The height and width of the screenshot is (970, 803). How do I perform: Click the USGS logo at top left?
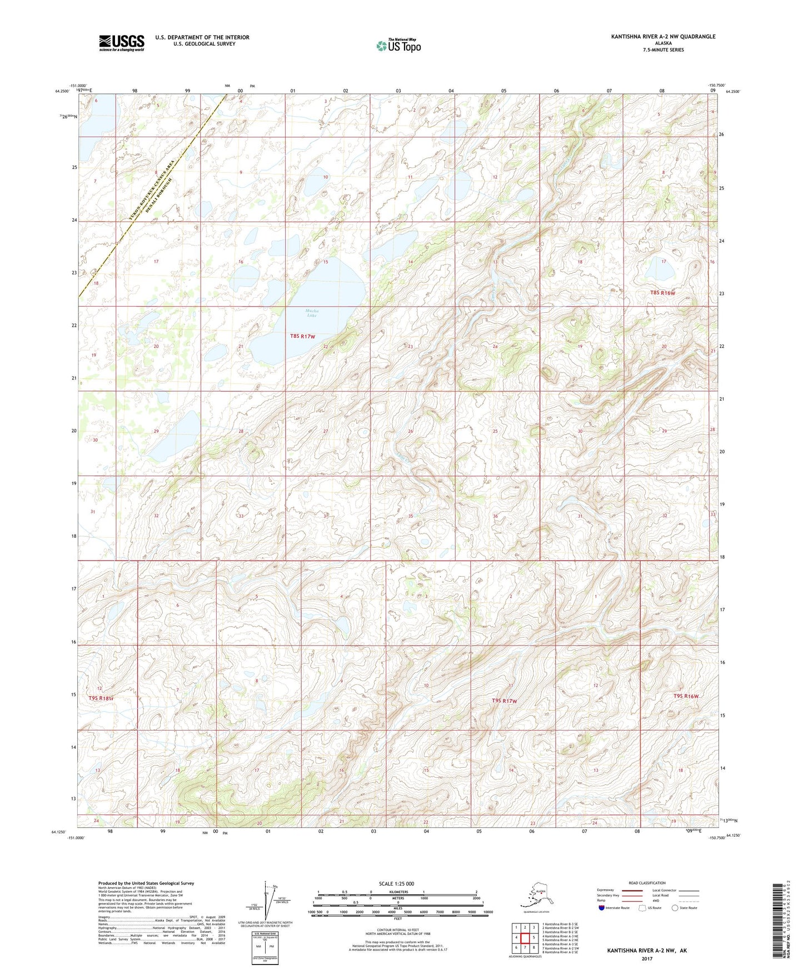(121, 43)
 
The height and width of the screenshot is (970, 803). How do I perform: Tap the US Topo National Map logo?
(398, 45)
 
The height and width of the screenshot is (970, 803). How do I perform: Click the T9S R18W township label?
(101, 698)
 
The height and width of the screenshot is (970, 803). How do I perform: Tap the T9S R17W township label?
(504, 701)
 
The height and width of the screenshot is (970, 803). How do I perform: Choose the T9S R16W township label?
(686, 696)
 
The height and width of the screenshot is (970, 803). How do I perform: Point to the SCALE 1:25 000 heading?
(396, 884)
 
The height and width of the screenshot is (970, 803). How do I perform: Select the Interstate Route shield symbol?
(602, 908)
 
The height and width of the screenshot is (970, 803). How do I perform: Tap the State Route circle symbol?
(675, 908)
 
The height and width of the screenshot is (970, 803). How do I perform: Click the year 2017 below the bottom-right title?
(646, 958)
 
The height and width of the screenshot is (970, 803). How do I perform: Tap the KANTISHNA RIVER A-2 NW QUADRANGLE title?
(663, 37)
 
